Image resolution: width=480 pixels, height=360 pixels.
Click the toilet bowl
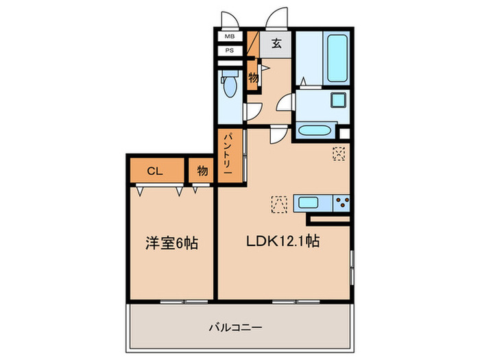tap(229, 87)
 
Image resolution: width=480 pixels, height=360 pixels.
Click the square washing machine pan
tap(338, 100)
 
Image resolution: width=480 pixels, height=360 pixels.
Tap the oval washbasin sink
tap(316, 130)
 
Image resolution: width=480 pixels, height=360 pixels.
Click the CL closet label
tap(155, 170)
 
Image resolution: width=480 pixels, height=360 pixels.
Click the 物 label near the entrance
tap(253, 77)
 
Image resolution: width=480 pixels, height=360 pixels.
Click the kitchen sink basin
tap(312, 203)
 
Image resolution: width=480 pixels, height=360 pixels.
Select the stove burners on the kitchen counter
tap(341, 203)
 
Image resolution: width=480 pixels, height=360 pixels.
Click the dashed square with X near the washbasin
tap(339, 154)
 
